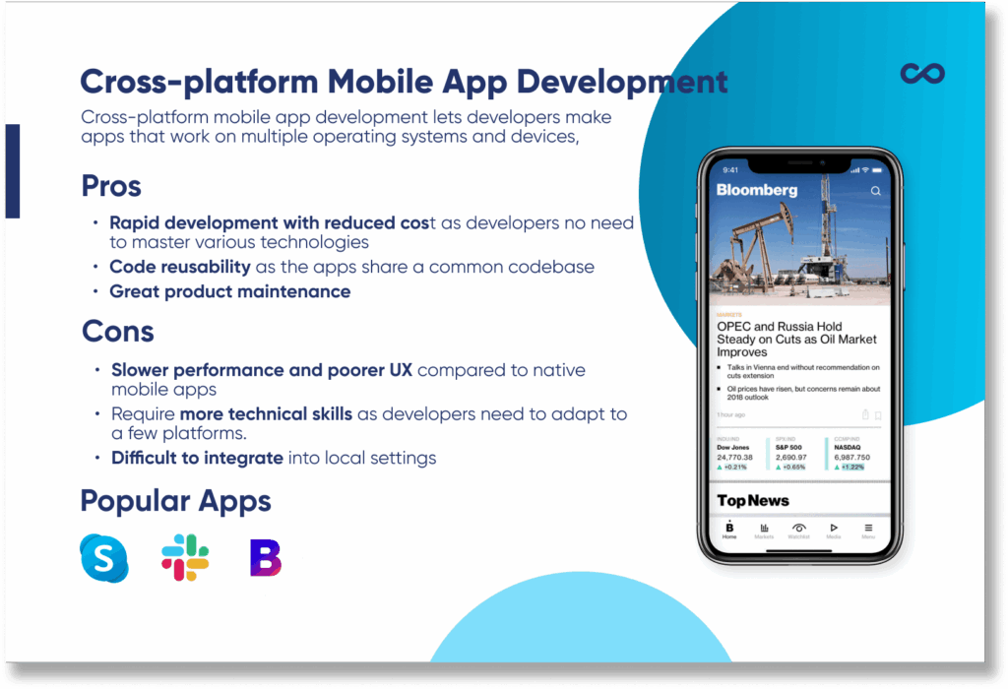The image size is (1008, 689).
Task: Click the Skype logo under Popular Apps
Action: pos(104,558)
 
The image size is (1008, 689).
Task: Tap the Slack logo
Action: pos(185,557)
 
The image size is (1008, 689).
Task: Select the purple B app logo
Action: pos(265,557)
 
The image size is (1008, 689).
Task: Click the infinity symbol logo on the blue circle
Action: pos(922,74)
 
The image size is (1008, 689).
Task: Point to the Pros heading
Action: pos(111,185)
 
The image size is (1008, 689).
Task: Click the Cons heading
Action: pos(117,331)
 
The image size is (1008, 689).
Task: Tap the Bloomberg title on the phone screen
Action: pos(756,190)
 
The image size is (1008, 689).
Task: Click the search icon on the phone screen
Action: pos(876,191)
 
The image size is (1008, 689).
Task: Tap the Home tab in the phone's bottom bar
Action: pos(729,531)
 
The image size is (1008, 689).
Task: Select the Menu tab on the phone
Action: pos(868,531)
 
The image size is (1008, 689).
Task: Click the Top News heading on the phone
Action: pos(753,500)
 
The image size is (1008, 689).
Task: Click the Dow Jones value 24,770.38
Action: pos(736,458)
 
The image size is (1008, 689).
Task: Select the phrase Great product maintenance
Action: pos(229,291)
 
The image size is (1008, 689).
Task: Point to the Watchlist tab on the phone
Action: pos(798,531)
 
